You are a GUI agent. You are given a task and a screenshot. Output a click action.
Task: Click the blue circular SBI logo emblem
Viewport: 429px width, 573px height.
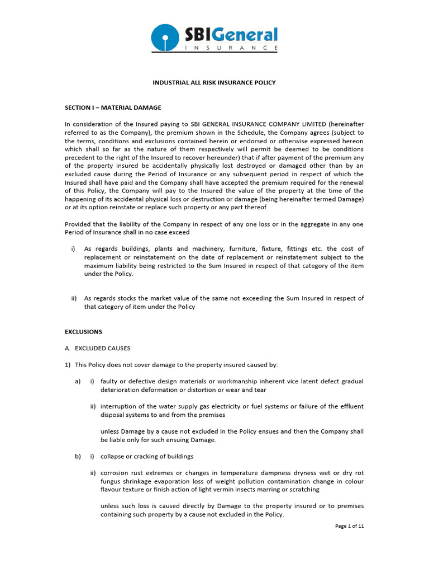165,38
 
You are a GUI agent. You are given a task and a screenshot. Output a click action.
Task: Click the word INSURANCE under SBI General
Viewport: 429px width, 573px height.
231,49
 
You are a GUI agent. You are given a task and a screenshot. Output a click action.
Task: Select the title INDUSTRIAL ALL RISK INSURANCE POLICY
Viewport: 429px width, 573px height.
214,82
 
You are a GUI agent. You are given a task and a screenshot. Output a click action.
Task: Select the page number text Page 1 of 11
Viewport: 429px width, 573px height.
349,526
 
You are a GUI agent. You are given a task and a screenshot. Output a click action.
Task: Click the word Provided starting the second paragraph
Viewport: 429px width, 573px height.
79,224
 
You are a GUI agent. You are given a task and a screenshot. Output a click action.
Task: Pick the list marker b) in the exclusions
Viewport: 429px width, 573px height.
78,456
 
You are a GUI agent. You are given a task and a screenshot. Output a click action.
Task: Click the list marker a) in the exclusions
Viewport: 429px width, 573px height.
78,381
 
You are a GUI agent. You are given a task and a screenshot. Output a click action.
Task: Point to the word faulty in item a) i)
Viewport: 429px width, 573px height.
109,381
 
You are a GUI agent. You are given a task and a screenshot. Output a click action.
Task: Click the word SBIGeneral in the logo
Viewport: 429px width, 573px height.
231,35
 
